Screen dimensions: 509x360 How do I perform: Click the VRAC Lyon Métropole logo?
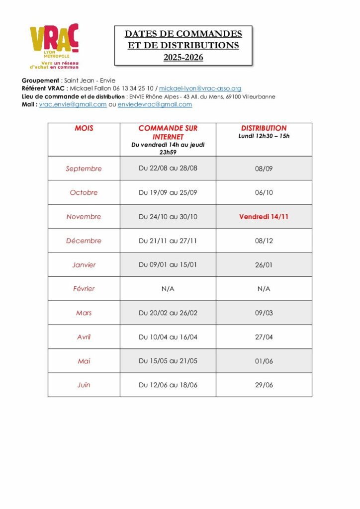coord(54,46)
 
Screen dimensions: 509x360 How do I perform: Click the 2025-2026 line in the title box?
coord(183,58)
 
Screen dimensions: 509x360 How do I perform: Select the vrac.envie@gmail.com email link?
coord(73,104)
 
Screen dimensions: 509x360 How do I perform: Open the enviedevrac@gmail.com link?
coord(155,104)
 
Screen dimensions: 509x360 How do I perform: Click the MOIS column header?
coord(84,128)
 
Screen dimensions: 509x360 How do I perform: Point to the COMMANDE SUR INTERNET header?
coord(168,132)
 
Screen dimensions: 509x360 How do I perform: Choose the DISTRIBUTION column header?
coord(264,128)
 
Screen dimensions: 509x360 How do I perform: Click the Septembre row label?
coord(84,169)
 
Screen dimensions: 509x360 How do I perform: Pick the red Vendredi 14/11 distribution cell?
coord(264,217)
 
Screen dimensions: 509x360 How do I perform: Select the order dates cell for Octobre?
coord(168,192)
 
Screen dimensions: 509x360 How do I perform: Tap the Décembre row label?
coord(84,241)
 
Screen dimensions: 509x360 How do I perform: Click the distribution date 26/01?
coord(264,265)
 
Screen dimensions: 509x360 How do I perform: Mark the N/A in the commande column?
coord(168,289)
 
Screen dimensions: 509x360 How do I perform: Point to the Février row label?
coord(84,289)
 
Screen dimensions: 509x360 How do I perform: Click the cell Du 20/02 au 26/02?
coord(168,313)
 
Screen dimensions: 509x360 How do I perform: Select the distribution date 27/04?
coord(264,337)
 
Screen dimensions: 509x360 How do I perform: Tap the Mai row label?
coord(84,361)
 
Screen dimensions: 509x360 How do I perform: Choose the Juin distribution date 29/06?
coord(264,385)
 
